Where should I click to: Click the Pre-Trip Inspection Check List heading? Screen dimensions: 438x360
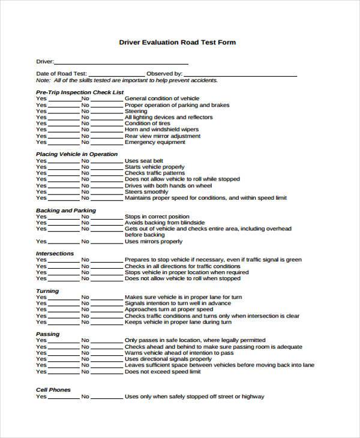tap(79, 92)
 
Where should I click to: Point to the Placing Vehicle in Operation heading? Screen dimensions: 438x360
tap(76, 154)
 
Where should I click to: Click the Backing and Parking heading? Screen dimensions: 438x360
tap(65, 211)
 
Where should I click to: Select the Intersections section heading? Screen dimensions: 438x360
tap(55, 253)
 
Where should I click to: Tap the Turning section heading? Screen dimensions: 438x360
tap(47, 291)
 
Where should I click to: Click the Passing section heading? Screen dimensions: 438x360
tap(47, 334)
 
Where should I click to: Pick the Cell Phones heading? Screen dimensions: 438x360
tap(53, 389)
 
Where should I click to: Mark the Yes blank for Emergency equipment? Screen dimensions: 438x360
tap(63, 143)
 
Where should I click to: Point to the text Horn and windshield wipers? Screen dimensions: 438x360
tap(161, 130)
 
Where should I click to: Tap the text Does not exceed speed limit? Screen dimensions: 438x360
tap(162, 372)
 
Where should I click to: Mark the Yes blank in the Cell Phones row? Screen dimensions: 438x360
tap(63, 397)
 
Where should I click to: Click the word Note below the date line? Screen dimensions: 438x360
tap(43, 80)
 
